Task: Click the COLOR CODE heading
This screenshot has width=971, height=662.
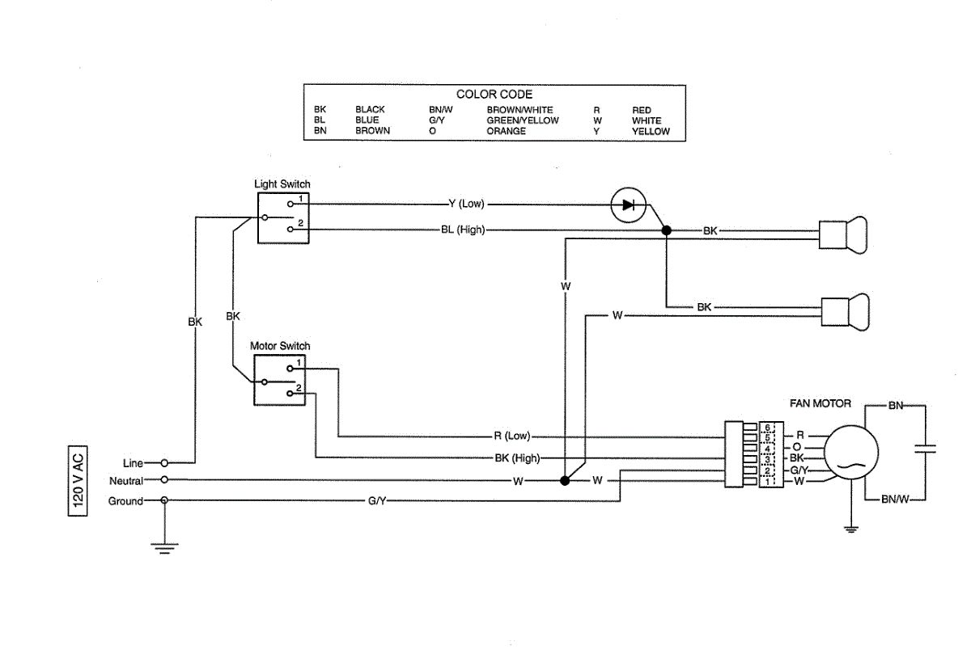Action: click(494, 95)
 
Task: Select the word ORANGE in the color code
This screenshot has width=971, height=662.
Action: click(506, 131)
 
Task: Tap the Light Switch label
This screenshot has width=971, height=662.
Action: click(282, 184)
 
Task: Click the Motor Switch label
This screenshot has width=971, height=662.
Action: click(280, 346)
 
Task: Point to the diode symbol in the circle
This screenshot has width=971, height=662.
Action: click(629, 205)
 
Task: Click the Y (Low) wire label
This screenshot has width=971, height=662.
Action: click(466, 204)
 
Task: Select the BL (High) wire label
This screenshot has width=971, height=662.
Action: click(463, 230)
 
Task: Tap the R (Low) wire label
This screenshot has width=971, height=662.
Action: click(512, 436)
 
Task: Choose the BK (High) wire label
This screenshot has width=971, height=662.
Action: click(518, 458)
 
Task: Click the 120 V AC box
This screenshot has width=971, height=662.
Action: click(78, 481)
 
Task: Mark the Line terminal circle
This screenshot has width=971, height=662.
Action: click(164, 463)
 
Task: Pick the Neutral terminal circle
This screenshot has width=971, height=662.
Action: click(164, 479)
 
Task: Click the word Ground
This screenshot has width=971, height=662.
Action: click(125, 501)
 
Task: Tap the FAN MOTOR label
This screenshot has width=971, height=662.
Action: click(820, 403)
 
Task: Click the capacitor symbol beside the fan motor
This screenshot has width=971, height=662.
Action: click(926, 449)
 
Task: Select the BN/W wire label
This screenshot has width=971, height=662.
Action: click(895, 500)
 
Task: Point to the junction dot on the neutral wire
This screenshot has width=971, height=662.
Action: click(565, 481)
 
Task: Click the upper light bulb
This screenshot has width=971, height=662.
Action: click(843, 235)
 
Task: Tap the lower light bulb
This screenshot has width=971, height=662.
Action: click(846, 312)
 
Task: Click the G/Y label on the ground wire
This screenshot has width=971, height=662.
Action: click(377, 501)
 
